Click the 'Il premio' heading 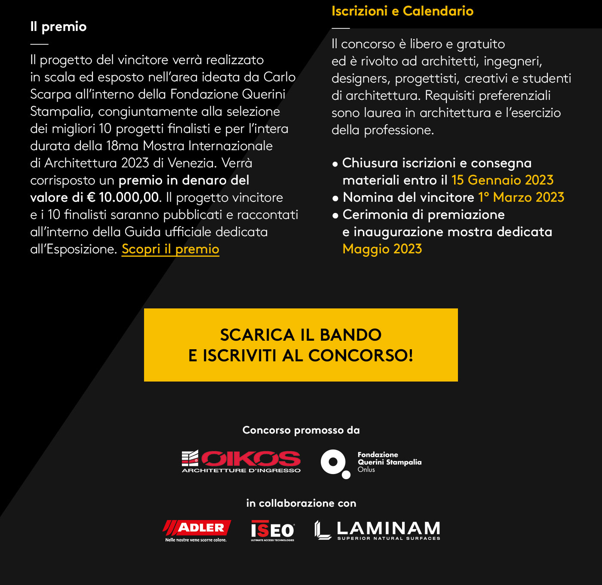click(58, 27)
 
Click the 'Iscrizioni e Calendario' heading click(402, 11)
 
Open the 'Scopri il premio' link click(170, 249)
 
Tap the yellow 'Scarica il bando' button click(301, 345)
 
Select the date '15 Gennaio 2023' click(502, 180)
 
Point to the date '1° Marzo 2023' click(521, 197)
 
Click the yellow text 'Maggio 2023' click(382, 249)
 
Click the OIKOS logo click(241, 462)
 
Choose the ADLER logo click(197, 530)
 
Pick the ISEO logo click(273, 530)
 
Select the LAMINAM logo click(378, 530)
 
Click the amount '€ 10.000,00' click(123, 197)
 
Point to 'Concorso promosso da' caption click(301, 430)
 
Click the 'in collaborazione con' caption click(301, 503)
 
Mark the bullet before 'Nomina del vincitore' click(335, 198)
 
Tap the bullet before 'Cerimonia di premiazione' click(335, 216)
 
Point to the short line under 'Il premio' click(39, 44)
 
